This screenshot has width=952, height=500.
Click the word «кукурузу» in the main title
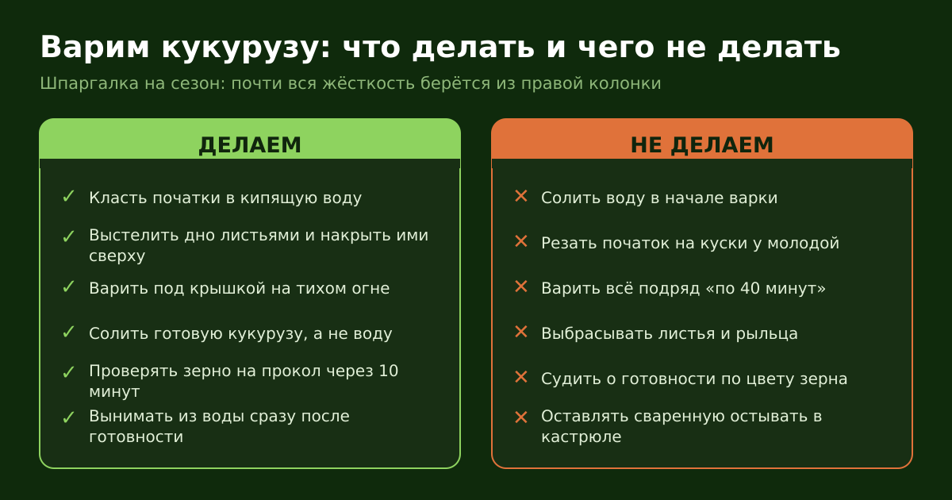point(240,48)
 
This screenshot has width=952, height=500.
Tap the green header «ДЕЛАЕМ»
point(250,145)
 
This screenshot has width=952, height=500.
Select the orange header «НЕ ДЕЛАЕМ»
point(702,145)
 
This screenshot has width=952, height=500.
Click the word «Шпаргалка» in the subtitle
point(89,83)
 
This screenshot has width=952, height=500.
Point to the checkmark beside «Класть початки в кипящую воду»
point(68,197)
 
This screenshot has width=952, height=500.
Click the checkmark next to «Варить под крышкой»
point(68,287)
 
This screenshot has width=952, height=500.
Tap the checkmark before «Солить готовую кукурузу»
point(68,332)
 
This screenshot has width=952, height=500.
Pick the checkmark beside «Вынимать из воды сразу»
point(68,417)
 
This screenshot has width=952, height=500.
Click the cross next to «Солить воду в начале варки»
point(521,197)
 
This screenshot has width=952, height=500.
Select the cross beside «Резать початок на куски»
point(521,241)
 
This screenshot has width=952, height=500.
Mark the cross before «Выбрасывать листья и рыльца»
point(521,332)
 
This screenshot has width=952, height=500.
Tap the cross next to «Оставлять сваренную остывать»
point(521,417)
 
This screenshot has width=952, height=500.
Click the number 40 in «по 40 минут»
point(750,288)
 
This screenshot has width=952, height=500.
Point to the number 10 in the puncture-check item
point(389,371)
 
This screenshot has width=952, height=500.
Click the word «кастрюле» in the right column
point(581,437)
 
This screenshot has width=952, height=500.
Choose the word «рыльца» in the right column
point(766,334)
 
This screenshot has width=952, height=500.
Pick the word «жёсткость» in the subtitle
point(368,83)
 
